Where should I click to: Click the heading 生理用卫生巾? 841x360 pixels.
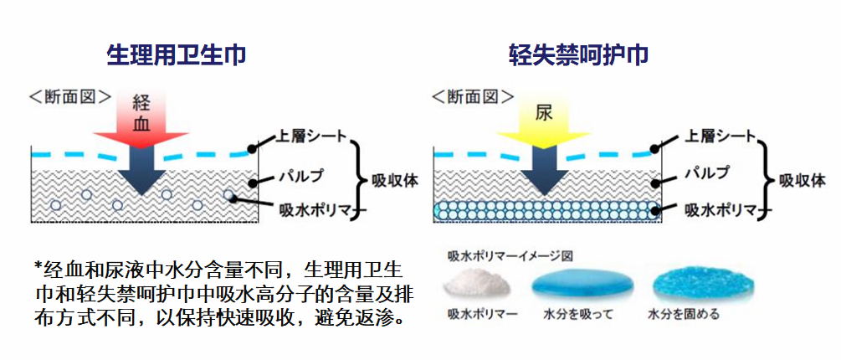177,55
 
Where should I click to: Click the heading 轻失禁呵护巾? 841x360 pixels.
579,55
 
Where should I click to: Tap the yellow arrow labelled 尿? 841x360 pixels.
544,117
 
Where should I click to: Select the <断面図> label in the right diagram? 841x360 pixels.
474,96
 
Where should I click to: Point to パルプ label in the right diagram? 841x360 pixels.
707,173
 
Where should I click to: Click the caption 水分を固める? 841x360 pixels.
684,316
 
